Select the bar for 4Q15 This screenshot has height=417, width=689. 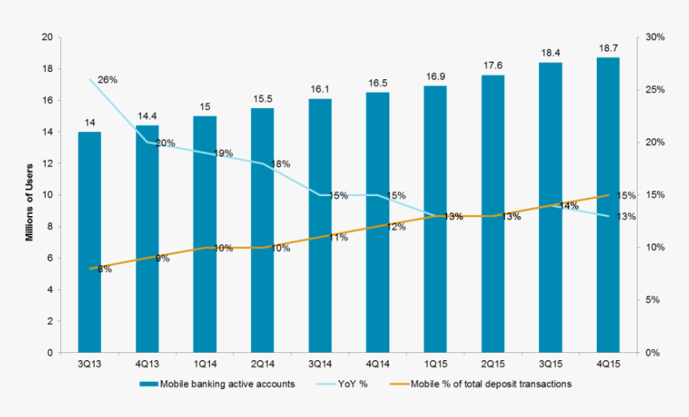[608, 205]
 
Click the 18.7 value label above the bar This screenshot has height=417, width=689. [608, 50]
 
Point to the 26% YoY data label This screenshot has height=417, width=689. [107, 80]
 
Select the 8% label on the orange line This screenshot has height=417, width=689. [104, 270]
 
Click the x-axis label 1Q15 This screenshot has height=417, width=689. [435, 364]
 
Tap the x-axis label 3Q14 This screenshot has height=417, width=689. [320, 364]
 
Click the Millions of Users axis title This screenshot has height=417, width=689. [29, 194]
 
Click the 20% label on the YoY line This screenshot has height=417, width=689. [165, 143]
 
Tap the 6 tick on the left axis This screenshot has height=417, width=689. [50, 259]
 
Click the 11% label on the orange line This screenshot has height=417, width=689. [337, 238]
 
